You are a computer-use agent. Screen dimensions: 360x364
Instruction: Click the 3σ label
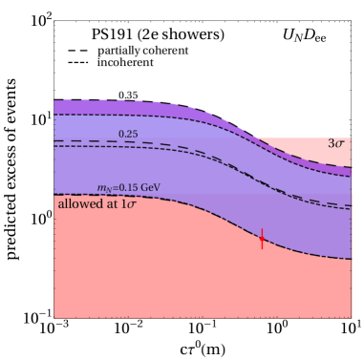tap(337, 144)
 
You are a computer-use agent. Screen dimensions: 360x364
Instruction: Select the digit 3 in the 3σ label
tap(332, 144)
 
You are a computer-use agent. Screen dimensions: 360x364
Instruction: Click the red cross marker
tap(263, 238)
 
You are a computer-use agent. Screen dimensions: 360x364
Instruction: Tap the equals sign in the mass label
tap(123, 189)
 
